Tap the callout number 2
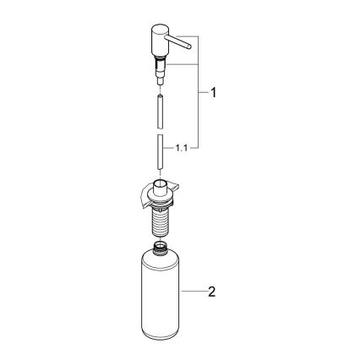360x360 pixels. (213, 292)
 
